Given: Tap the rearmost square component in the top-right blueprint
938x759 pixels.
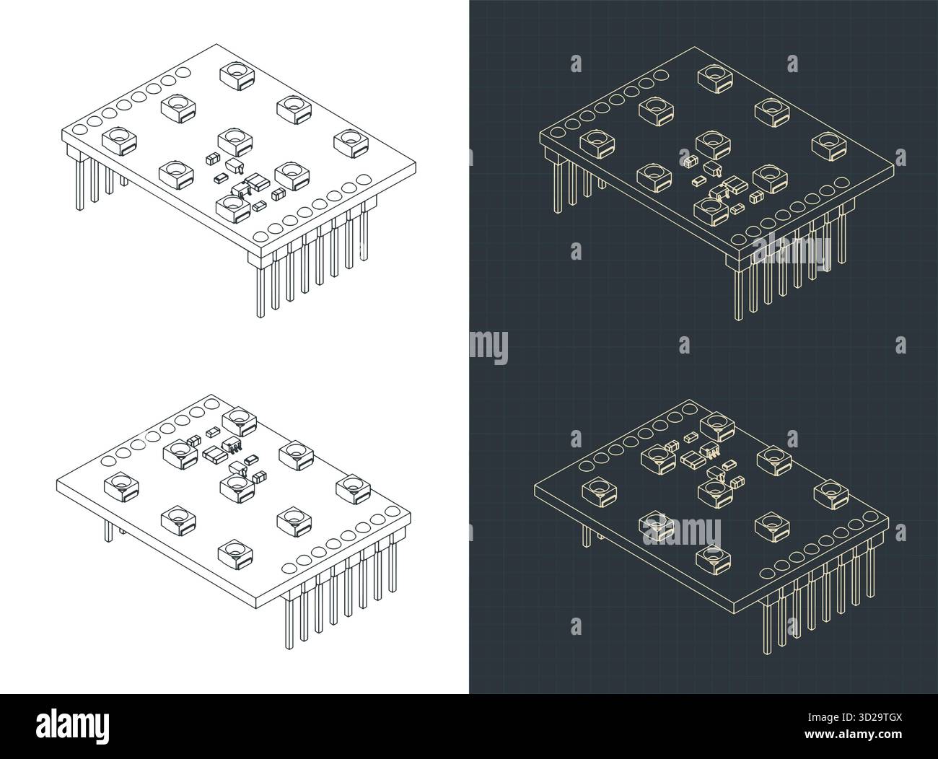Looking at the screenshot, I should (714, 77).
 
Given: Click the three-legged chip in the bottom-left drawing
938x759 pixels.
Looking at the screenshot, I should (232, 445).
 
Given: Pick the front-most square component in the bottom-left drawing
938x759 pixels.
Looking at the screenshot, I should (235, 553).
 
